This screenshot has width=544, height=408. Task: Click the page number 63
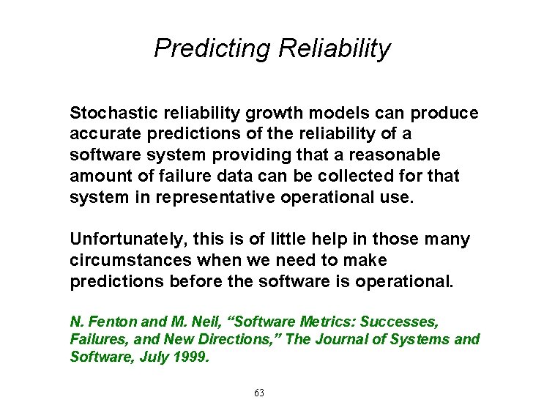pos(258,393)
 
